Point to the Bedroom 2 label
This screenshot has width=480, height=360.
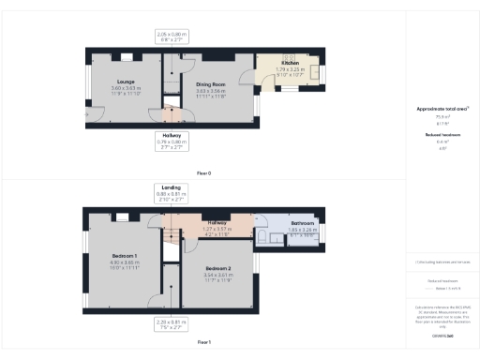pos(212,269)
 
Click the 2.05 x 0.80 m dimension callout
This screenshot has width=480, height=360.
pos(172,37)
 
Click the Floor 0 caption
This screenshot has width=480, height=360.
pos(203,172)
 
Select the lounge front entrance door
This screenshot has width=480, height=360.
pos(90,113)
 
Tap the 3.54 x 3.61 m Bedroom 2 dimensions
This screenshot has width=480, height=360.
pos(212,276)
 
